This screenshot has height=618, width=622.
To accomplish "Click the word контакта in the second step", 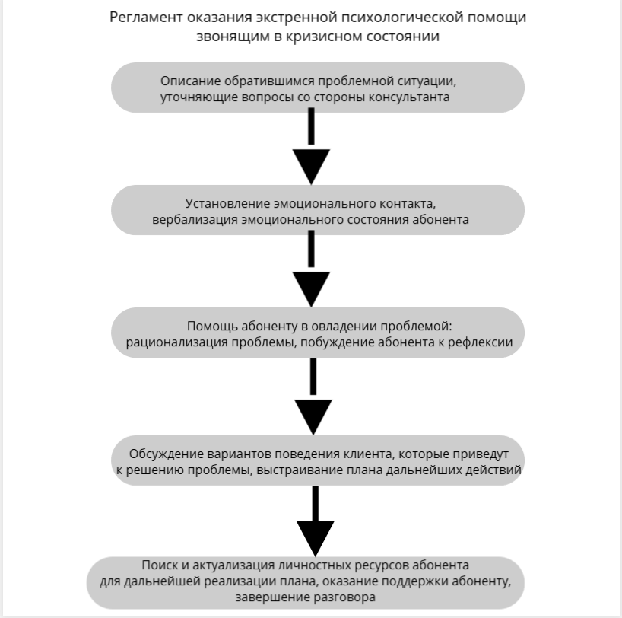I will tap(408, 204).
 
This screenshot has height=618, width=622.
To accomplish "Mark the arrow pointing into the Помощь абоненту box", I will tap(311, 270).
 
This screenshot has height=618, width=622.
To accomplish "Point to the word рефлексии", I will tap(483, 342).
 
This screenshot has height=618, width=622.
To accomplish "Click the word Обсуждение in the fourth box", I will tap(171, 454).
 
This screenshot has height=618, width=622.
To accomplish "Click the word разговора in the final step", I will tap(342, 598).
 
